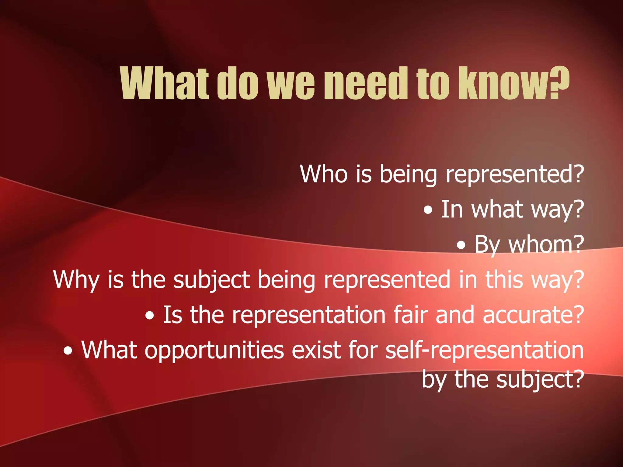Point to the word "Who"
[324, 174]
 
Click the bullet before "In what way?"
[428, 210]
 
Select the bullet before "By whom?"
[461, 245]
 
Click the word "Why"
[76, 280]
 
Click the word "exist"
[316, 350]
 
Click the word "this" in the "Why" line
[504, 280]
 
